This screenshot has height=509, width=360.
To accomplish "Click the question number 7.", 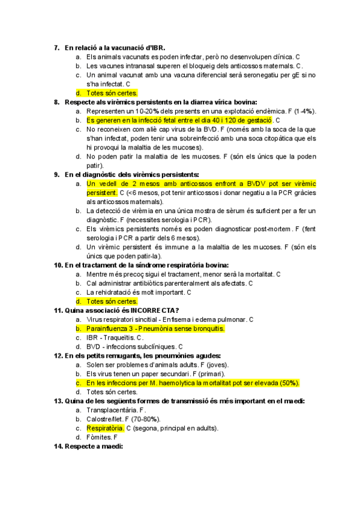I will point(56,47).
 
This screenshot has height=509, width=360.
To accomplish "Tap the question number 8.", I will point(56,102).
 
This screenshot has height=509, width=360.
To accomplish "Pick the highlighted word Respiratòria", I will point(105,429).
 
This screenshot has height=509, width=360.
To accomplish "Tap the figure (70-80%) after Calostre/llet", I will point(148,419).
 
